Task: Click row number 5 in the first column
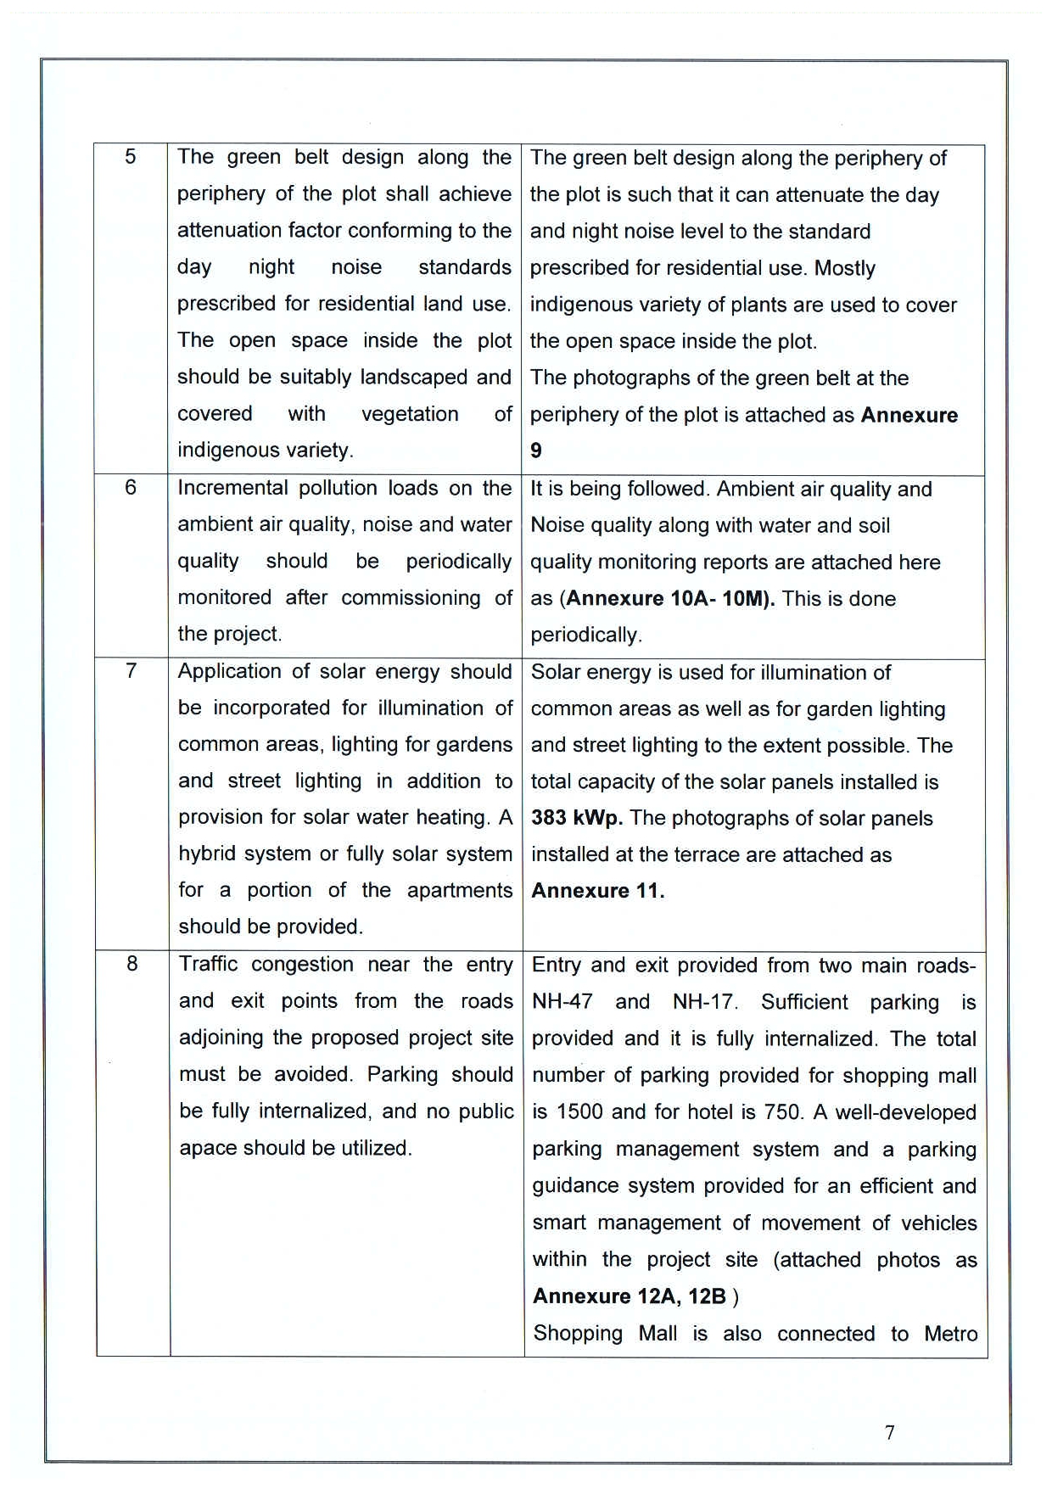pos(130,157)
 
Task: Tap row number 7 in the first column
pos(131,671)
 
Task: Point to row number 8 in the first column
pos(131,964)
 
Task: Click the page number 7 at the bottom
pos(889,1432)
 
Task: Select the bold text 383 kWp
pos(577,818)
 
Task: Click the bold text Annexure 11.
pos(597,891)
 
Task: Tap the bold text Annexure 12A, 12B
pos(630,1296)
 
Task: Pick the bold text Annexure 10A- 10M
pos(668,599)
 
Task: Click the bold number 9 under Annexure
pos(536,451)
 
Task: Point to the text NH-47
pos(562,1002)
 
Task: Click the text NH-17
pos(703,1002)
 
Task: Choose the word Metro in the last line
pos(950,1334)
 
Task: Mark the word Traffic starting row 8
pos(208,965)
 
